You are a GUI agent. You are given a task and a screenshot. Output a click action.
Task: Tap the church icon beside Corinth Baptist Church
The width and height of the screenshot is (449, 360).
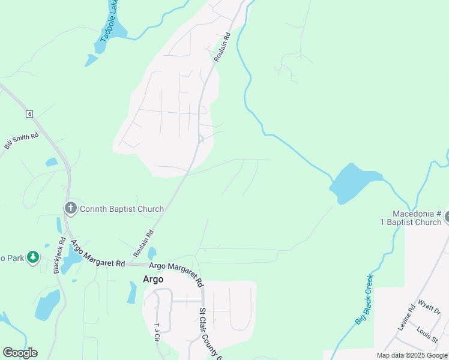pos(70,209)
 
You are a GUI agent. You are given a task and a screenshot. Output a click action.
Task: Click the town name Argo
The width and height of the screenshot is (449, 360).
pos(153,279)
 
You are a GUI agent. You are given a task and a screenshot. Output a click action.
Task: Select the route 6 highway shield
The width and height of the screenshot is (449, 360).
pos(28,113)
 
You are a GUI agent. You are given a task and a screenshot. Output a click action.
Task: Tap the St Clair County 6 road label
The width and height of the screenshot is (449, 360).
pos(211,333)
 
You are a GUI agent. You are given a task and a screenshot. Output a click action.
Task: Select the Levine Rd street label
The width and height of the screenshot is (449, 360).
pos(406,319)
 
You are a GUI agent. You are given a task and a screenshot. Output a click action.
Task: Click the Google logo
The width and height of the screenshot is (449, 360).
pos(20,353)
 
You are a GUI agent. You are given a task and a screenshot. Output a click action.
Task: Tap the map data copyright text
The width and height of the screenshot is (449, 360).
pos(412,355)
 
